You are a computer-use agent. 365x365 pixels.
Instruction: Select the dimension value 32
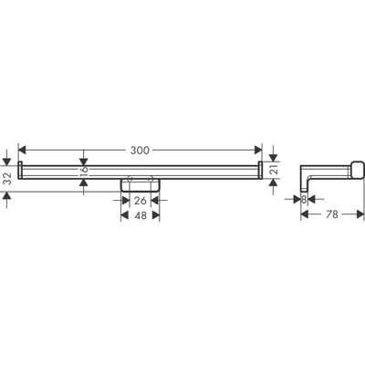coord(8,178)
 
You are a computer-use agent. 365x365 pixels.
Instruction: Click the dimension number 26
coord(141,200)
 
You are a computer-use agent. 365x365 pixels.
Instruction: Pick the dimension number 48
coord(141,217)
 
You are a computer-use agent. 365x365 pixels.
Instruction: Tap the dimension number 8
coord(303,200)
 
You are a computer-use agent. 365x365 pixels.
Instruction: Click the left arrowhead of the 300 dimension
coord(23,149)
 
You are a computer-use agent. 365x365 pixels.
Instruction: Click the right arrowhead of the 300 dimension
coord(258,149)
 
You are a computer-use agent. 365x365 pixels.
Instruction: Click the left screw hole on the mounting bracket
coord(130,180)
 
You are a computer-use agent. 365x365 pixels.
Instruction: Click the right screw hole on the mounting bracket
coord(151,180)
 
